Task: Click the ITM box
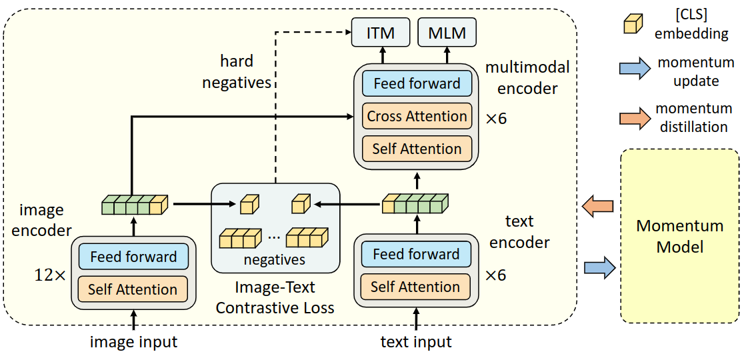point(381,33)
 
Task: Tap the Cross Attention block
point(417,116)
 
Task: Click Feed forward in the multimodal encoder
point(417,84)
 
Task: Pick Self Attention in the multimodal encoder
point(417,149)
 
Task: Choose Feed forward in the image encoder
point(133,257)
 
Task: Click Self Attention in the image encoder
point(133,289)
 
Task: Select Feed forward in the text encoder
point(416,254)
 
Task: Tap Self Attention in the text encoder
point(416,287)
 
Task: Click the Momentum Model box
point(679,236)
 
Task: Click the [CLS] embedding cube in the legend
point(632,24)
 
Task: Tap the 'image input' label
point(133,343)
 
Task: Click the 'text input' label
point(416,343)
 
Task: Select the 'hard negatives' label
point(237,72)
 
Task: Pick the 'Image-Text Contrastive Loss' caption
point(275,298)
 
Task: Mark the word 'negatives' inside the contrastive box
point(275,260)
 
